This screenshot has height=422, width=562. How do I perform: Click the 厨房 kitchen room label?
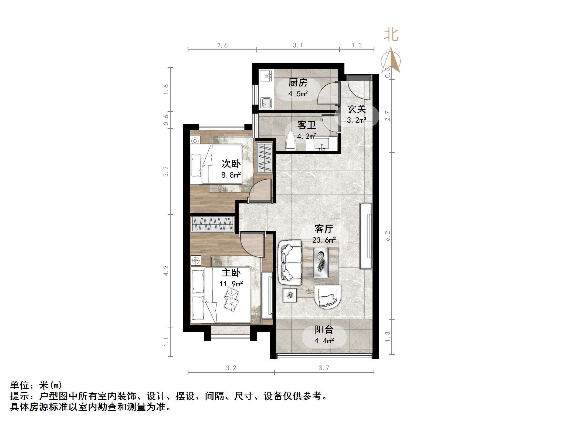click(x=298, y=82)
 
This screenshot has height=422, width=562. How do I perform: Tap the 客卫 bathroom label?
click(x=307, y=125)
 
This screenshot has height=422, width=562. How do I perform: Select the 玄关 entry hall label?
click(x=357, y=109)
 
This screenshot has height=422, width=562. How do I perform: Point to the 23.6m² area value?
click(x=324, y=240)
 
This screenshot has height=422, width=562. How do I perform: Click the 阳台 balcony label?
click(x=324, y=330)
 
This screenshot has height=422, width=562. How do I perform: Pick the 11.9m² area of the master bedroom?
click(x=231, y=284)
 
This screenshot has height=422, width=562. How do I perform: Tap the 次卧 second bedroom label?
click(x=231, y=164)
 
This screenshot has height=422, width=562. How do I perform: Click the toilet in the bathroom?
click(x=291, y=141)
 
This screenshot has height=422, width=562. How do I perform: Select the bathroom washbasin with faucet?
click(x=321, y=144)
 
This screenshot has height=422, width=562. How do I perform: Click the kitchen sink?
click(x=266, y=103)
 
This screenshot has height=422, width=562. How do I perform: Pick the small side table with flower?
click(x=290, y=295)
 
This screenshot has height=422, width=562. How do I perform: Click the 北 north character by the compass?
click(x=391, y=35)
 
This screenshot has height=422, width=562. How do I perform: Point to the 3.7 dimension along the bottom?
click(x=324, y=368)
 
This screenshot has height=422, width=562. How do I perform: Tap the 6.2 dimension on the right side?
click(x=388, y=236)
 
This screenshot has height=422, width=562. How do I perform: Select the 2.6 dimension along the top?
click(x=222, y=45)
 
